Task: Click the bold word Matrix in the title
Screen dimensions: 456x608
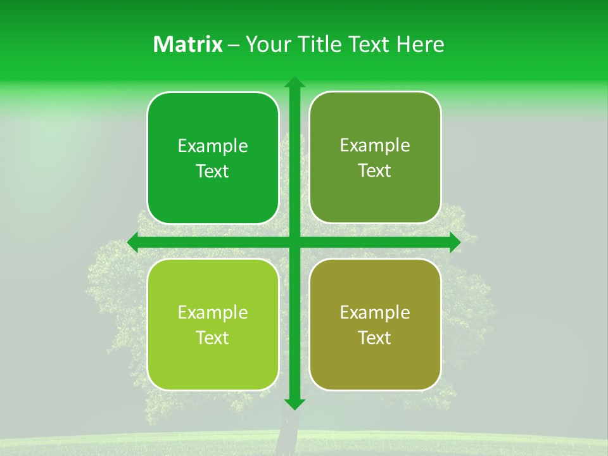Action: point(188,44)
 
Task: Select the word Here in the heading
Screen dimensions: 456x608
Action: point(421,44)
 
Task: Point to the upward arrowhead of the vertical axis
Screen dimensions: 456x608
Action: point(294,82)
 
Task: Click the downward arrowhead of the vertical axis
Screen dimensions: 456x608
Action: point(294,403)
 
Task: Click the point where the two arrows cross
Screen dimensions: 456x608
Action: point(294,242)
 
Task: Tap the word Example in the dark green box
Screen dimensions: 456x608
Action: point(213,146)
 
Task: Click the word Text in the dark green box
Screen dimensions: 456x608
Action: point(213,172)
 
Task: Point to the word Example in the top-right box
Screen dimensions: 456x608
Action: point(375,146)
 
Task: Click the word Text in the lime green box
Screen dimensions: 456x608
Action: point(213,338)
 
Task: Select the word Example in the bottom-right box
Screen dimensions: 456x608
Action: point(375,312)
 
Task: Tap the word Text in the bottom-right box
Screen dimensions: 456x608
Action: point(375,338)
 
